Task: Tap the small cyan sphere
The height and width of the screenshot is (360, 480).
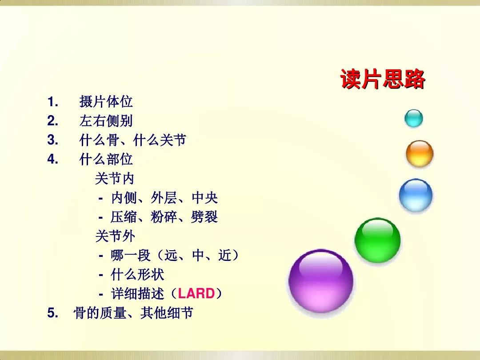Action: tap(413, 119)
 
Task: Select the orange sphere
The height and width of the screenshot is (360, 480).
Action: tap(419, 154)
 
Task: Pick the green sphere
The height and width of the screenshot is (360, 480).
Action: tap(377, 240)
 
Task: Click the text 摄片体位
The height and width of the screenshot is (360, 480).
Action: tap(106, 102)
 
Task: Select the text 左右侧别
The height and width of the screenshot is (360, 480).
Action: tap(106, 121)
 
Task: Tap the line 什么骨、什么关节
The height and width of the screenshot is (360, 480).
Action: tap(132, 140)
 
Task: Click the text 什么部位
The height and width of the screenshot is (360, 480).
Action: tap(106, 159)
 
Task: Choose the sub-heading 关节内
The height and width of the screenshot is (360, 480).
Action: tap(114, 179)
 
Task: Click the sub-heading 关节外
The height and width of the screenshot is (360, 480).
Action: tap(114, 236)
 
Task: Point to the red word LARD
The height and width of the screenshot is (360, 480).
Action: tap(196, 294)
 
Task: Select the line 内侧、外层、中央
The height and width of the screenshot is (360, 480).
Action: tap(164, 198)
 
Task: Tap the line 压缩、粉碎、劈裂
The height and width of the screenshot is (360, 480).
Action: tap(164, 217)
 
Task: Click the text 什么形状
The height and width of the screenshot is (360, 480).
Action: tap(137, 274)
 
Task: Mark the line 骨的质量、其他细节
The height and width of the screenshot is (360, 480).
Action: tap(133, 313)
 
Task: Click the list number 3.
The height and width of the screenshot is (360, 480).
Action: tap(52, 140)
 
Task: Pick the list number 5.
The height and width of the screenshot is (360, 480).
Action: tap(52, 313)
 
